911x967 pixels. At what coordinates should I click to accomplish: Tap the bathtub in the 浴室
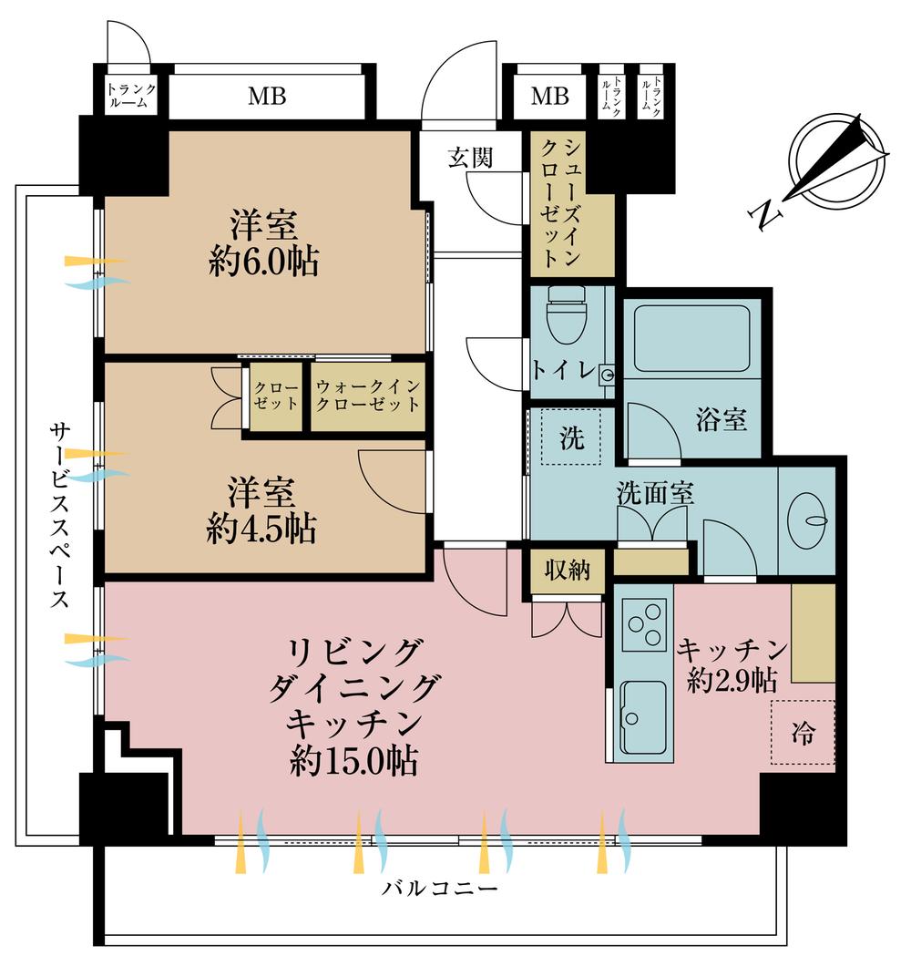click(x=691, y=338)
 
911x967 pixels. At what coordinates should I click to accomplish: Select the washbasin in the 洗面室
click(x=807, y=521)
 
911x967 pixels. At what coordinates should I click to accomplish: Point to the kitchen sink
click(x=642, y=716)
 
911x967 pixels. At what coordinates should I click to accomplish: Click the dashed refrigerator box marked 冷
click(x=803, y=733)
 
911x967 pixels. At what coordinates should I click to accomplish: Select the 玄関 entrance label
click(x=470, y=158)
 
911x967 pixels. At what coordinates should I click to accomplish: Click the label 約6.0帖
click(x=262, y=264)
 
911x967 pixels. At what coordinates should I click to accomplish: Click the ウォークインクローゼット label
click(x=368, y=396)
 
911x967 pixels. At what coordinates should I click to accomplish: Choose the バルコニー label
click(x=440, y=888)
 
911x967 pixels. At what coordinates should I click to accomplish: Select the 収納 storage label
click(x=568, y=571)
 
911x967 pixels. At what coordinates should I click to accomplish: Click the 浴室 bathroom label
click(x=722, y=420)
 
